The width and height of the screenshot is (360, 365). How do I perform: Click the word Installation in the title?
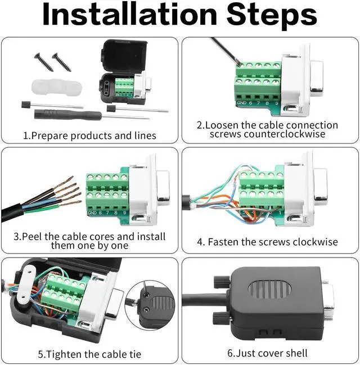[x=130, y=15]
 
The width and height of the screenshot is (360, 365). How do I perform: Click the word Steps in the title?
[x=272, y=16]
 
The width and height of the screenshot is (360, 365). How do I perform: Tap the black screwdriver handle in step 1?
[x=67, y=115]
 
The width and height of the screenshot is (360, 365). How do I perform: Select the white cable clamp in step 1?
[x=57, y=87]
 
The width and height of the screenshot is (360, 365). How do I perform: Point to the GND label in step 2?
[x=241, y=103]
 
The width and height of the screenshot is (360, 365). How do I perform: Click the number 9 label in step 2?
[x=276, y=103]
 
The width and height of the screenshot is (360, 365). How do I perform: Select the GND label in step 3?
[x=92, y=213]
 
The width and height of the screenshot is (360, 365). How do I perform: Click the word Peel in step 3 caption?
[x=32, y=237]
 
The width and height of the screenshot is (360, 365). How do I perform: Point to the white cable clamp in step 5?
[x=26, y=283]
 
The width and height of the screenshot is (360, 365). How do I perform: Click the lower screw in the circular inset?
[x=146, y=309]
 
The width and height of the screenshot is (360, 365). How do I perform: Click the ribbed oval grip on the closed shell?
[x=269, y=290]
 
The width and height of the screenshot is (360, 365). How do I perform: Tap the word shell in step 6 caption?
[x=296, y=353]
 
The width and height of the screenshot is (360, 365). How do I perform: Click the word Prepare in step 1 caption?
[x=49, y=136]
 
